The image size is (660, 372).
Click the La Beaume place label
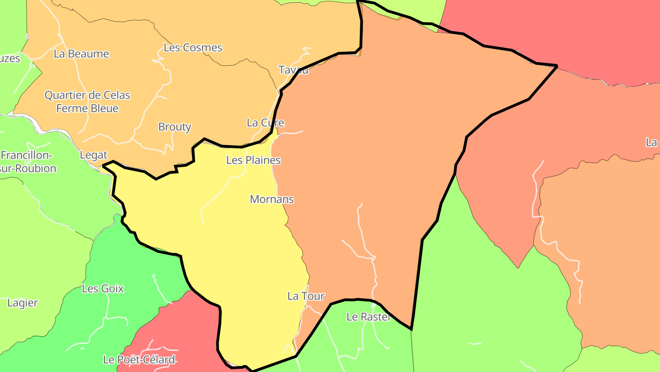pos(82,54)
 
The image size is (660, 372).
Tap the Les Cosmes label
pos(193,48)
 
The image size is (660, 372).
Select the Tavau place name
pos(293,70)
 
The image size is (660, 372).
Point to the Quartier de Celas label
pos(87,96)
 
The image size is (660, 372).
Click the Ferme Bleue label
pos(87,108)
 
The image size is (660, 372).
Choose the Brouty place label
pos(175,127)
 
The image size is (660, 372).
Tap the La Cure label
pos(265,123)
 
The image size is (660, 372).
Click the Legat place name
pos(93,155)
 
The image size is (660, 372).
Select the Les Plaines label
pos(253,160)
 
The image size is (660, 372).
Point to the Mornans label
pos(272,199)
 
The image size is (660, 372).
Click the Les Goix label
pos(103,289)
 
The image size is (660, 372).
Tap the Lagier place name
pos(23,303)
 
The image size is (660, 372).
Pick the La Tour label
pos(306,296)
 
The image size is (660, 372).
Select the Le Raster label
pos(368,317)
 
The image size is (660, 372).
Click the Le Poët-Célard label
pos(139,360)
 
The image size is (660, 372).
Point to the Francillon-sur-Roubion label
pos(27,162)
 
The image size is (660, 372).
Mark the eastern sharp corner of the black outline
pos(557,67)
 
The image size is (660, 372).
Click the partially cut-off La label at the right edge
pos(652,142)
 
